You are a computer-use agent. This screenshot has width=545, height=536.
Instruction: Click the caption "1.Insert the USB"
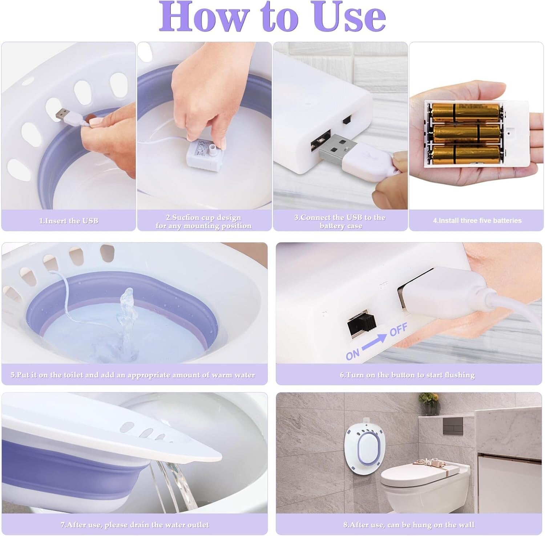69,221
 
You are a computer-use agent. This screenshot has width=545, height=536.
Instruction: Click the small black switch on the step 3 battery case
347,119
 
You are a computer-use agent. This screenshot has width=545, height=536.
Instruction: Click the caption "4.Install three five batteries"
477,220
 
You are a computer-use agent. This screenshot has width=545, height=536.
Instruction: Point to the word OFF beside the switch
398,329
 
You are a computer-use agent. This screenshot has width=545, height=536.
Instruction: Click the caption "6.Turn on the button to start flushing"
407,375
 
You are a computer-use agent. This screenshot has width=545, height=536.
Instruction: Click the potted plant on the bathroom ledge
429,403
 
